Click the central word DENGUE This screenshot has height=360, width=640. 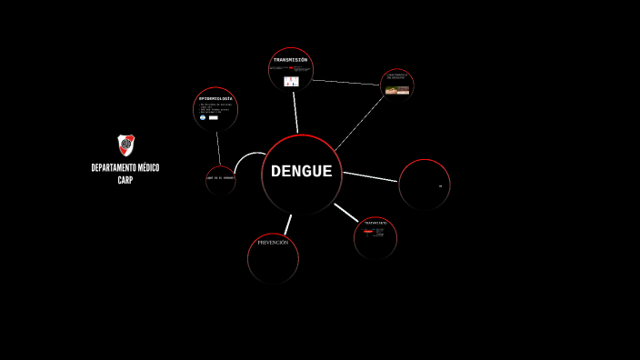click(x=301, y=172)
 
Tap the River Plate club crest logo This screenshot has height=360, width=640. click(x=125, y=145)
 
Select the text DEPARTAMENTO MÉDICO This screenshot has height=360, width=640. click(x=125, y=168)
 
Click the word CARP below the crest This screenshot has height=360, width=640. click(x=125, y=180)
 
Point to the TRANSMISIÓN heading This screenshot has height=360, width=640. click(x=290, y=60)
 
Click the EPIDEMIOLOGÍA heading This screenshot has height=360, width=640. click(x=215, y=98)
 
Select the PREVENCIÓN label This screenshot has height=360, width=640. click(x=273, y=243)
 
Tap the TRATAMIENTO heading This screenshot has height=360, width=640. click(x=375, y=223)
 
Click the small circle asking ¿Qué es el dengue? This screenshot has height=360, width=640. click(x=220, y=178)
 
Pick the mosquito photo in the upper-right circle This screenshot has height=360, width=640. click(x=397, y=90)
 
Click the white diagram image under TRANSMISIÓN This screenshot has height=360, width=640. click(x=291, y=81)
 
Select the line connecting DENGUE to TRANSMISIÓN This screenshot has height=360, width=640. click(x=295, y=113)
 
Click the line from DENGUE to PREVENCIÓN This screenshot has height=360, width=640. click(x=287, y=225)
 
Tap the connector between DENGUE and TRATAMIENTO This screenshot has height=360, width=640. click(x=346, y=213)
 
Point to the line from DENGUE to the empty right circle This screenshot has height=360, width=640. click(x=370, y=176)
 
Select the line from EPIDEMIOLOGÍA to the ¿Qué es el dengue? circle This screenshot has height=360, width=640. click(x=218, y=149)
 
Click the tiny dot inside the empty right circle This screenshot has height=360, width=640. click(x=440, y=186)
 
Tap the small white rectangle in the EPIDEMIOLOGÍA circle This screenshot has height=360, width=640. click(x=214, y=117)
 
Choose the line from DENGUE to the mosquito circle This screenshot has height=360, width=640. click(x=359, y=124)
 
